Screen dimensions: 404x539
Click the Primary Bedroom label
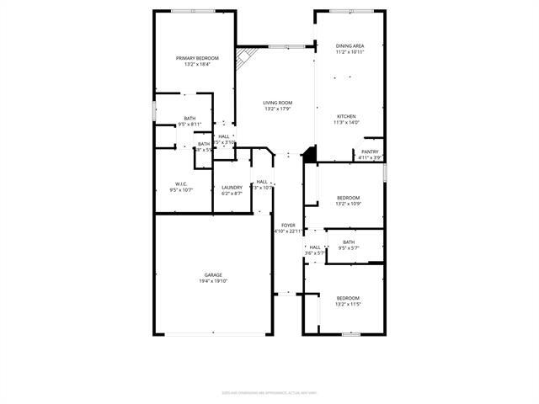(x=191, y=58)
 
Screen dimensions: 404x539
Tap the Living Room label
(x=277, y=103)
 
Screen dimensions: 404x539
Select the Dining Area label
(x=349, y=46)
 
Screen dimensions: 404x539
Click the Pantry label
(x=371, y=151)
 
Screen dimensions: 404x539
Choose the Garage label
(x=213, y=274)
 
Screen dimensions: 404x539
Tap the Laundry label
(x=232, y=187)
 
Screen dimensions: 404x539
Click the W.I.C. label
(x=180, y=183)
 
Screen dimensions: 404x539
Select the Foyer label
(x=288, y=225)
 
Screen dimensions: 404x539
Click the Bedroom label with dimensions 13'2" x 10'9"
(x=348, y=198)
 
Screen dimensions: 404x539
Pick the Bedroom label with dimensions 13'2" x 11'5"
(x=348, y=298)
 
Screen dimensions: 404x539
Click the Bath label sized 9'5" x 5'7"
(x=349, y=242)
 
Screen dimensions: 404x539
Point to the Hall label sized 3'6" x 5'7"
(x=314, y=247)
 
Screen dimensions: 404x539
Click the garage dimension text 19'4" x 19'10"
(x=213, y=280)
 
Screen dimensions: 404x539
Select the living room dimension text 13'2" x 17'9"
(x=277, y=109)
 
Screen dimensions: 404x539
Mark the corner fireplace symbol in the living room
(x=244, y=60)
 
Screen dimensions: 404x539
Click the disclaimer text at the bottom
(x=269, y=392)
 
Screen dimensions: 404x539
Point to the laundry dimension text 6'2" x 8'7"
(x=232, y=193)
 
